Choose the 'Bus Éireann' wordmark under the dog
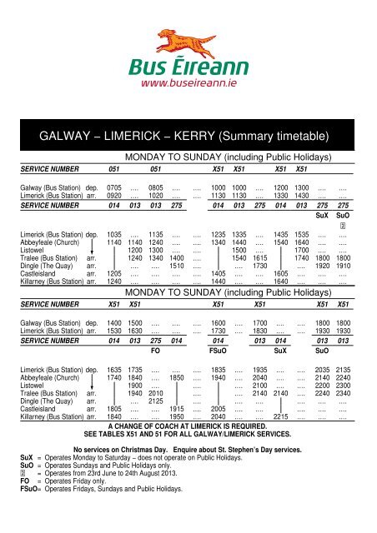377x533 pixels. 188,66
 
